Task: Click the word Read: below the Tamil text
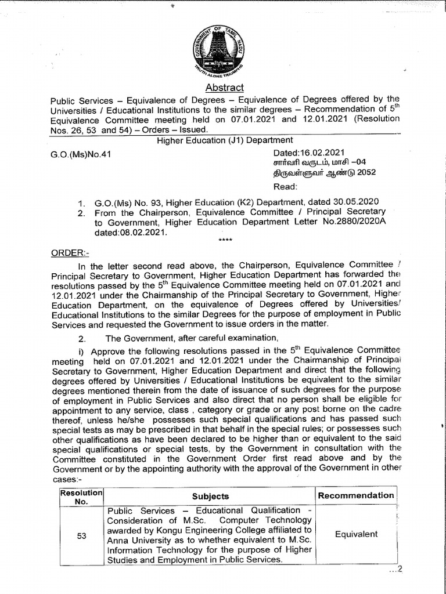pyautogui.click(x=285, y=187)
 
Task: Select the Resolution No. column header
pyautogui.click(x=81, y=496)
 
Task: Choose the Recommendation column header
pyautogui.click(x=355, y=495)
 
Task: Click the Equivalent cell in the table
pyautogui.click(x=356, y=534)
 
